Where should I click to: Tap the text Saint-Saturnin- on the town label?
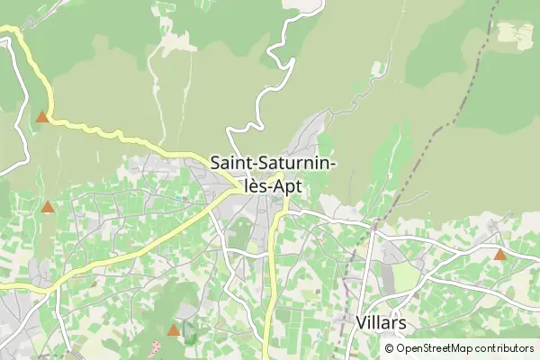[x=274, y=164]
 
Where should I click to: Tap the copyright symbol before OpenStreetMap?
[x=390, y=348]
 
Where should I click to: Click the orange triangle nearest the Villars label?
[x=499, y=255]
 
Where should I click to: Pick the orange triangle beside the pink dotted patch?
[x=174, y=329]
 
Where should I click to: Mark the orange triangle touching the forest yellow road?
[x=41, y=116]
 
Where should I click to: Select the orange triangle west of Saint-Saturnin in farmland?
[x=48, y=207]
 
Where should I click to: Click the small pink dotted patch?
[x=155, y=346]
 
